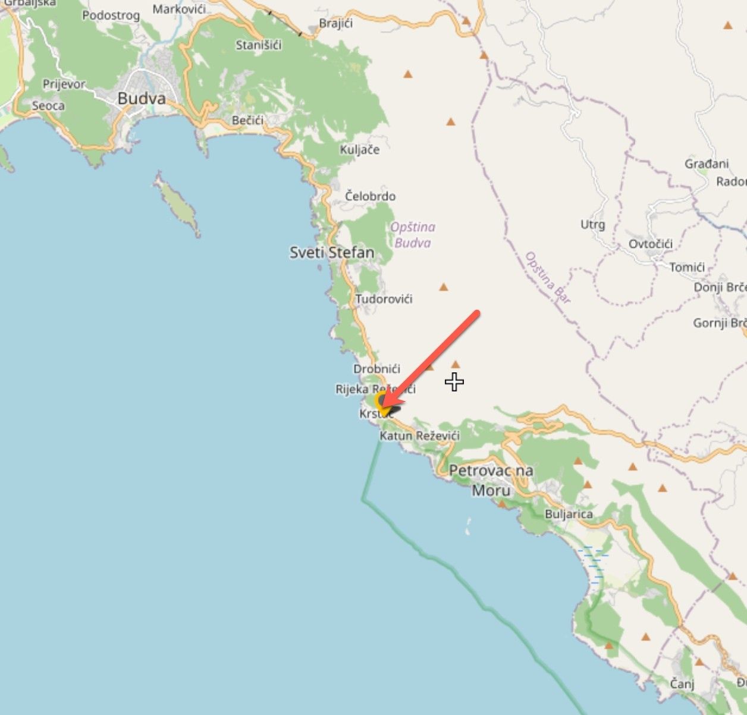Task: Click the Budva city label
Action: click(x=142, y=98)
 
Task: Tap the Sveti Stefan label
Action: click(x=332, y=253)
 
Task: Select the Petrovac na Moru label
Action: click(x=491, y=480)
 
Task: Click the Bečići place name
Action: click(x=247, y=121)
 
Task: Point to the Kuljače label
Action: click(x=360, y=149)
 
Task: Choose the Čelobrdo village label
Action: click(x=370, y=196)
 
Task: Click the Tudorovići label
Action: click(x=384, y=299)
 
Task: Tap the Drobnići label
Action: click(x=377, y=369)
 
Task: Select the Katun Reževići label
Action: click(x=420, y=436)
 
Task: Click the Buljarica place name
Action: click(x=569, y=514)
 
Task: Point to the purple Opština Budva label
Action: click(x=413, y=234)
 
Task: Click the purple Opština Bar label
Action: click(x=547, y=278)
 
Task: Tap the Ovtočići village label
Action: click(x=651, y=244)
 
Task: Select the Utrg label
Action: click(x=592, y=224)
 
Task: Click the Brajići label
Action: click(x=336, y=24)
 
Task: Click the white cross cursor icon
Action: click(x=454, y=382)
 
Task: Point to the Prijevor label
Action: click(x=64, y=84)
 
